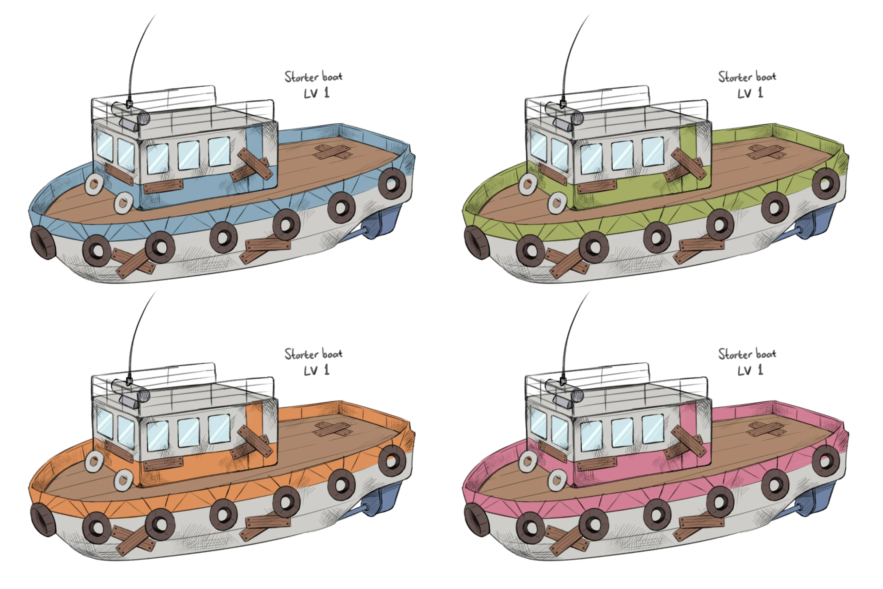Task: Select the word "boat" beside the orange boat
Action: tap(332, 354)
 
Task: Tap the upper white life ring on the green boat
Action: tap(528, 184)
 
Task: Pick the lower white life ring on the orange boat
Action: tap(123, 480)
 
